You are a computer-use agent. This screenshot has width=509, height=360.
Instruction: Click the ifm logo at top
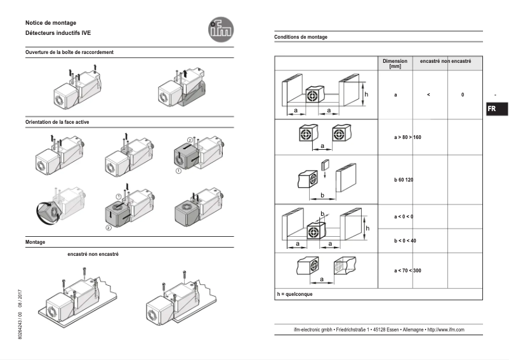coord(221,28)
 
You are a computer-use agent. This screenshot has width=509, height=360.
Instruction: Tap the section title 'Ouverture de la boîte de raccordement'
coord(70,52)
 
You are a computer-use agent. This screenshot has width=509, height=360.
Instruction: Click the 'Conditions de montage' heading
coord(301,37)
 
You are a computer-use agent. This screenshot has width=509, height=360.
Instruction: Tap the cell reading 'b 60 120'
coord(403,180)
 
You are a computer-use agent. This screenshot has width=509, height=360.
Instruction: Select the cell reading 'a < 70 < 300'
coord(407,270)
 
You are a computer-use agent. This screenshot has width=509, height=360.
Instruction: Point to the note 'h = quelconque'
coord(294,295)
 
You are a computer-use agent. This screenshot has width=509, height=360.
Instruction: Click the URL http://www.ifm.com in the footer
coord(446,330)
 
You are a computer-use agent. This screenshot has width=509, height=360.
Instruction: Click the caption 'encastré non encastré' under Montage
coord(93,254)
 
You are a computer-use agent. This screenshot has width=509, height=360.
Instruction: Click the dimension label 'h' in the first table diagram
coord(365,93)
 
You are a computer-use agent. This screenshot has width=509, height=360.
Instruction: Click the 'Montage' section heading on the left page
coord(35,243)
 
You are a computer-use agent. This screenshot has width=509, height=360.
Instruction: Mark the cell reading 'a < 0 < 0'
coord(403,217)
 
